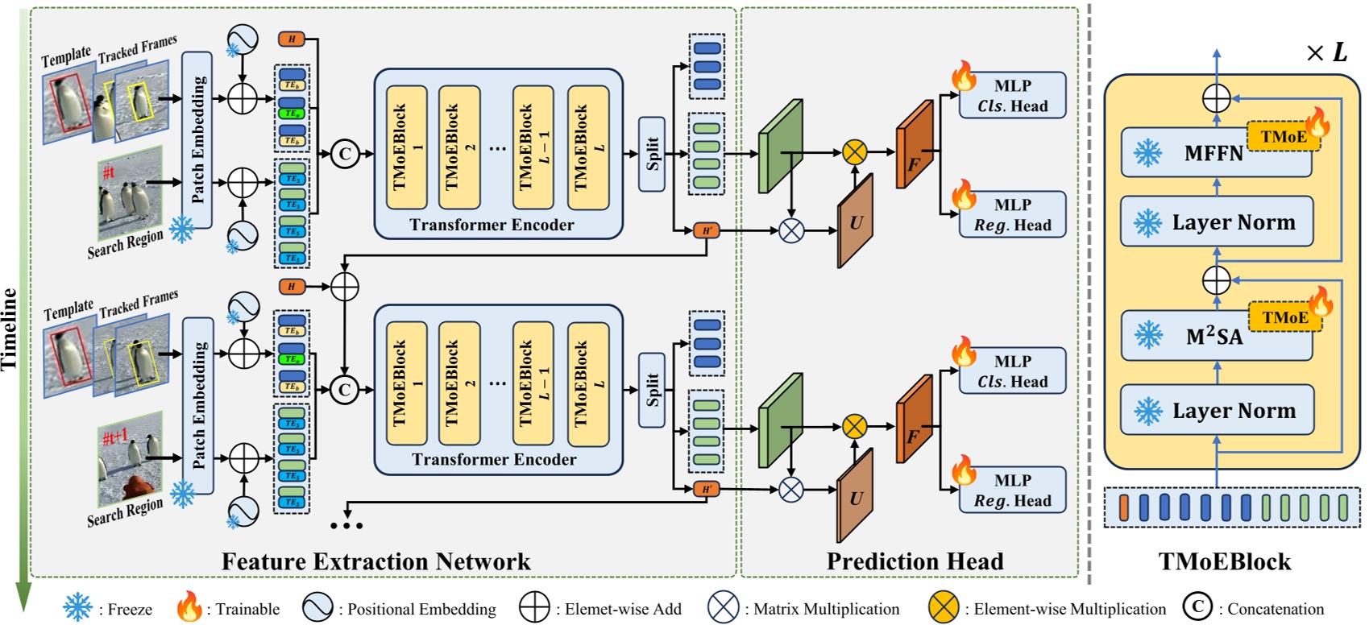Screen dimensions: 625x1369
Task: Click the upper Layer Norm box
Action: tap(1217, 222)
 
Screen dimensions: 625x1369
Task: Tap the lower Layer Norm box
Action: tap(1217, 411)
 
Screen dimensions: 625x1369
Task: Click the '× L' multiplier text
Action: tap(1326, 53)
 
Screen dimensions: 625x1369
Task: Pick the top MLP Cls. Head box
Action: tap(1012, 95)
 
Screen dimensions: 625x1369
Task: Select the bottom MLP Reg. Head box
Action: tap(1012, 490)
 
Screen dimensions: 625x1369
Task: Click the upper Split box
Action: tap(651, 154)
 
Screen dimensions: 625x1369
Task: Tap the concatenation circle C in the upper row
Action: tap(345, 154)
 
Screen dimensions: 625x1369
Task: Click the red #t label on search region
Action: tap(109, 172)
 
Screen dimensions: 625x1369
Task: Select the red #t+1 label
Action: tap(114, 437)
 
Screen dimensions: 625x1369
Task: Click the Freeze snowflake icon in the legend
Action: tap(78, 607)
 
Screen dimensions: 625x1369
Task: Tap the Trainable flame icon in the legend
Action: tap(189, 606)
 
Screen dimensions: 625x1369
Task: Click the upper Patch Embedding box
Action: tap(197, 139)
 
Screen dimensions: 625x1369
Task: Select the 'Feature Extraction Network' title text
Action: tap(375, 561)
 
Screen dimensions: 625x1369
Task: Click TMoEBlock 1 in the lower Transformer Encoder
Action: tap(406, 383)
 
